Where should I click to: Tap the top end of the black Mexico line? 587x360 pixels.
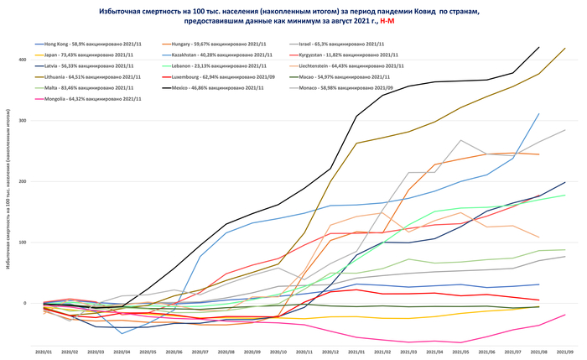coord(538,48)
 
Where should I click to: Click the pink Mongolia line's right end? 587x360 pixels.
coord(564,315)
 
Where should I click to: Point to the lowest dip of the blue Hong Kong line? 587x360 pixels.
coord(122,333)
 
